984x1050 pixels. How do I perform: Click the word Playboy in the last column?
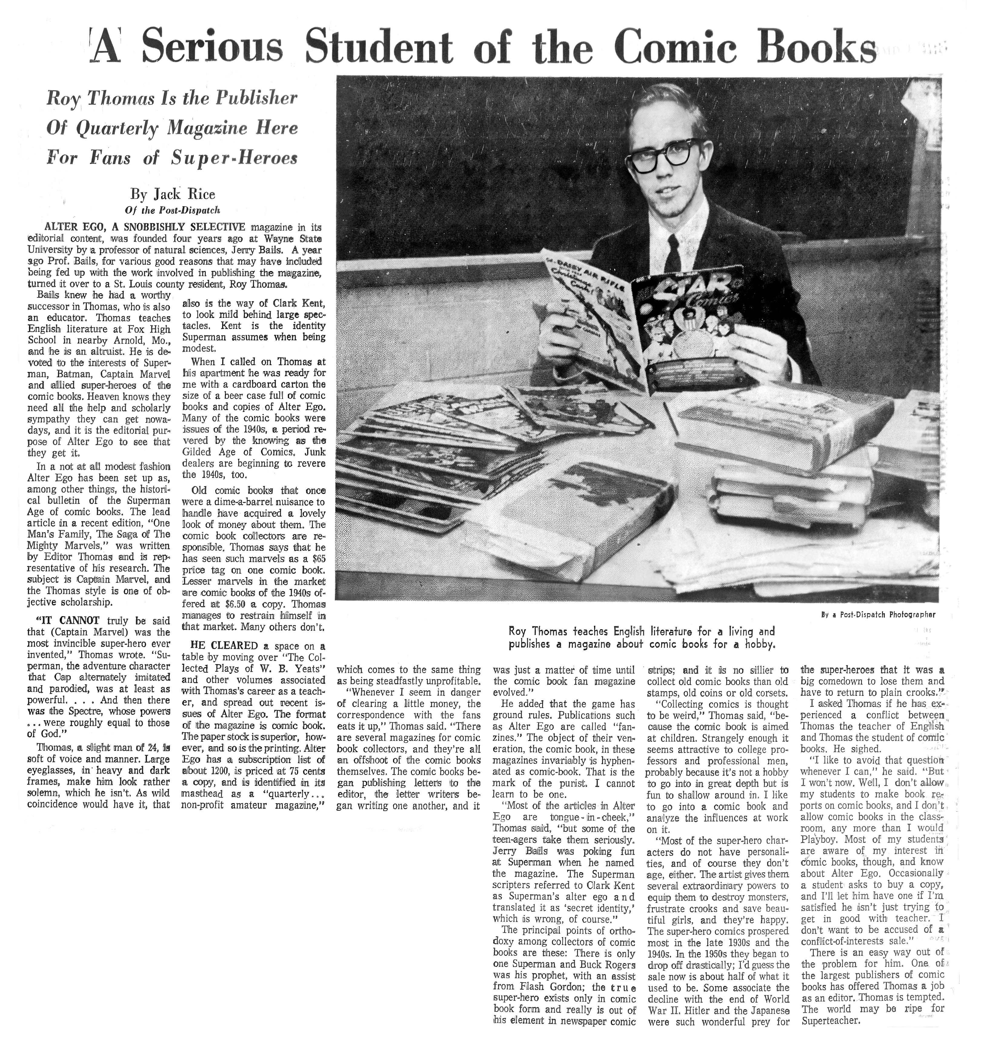(x=821, y=839)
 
